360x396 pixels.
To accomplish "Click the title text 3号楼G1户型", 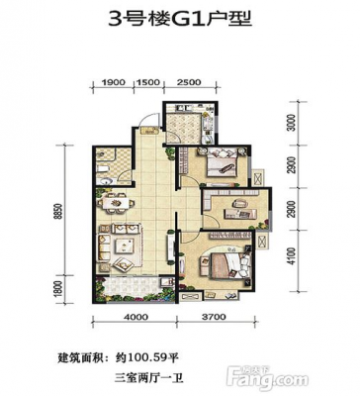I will pos(180,18).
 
